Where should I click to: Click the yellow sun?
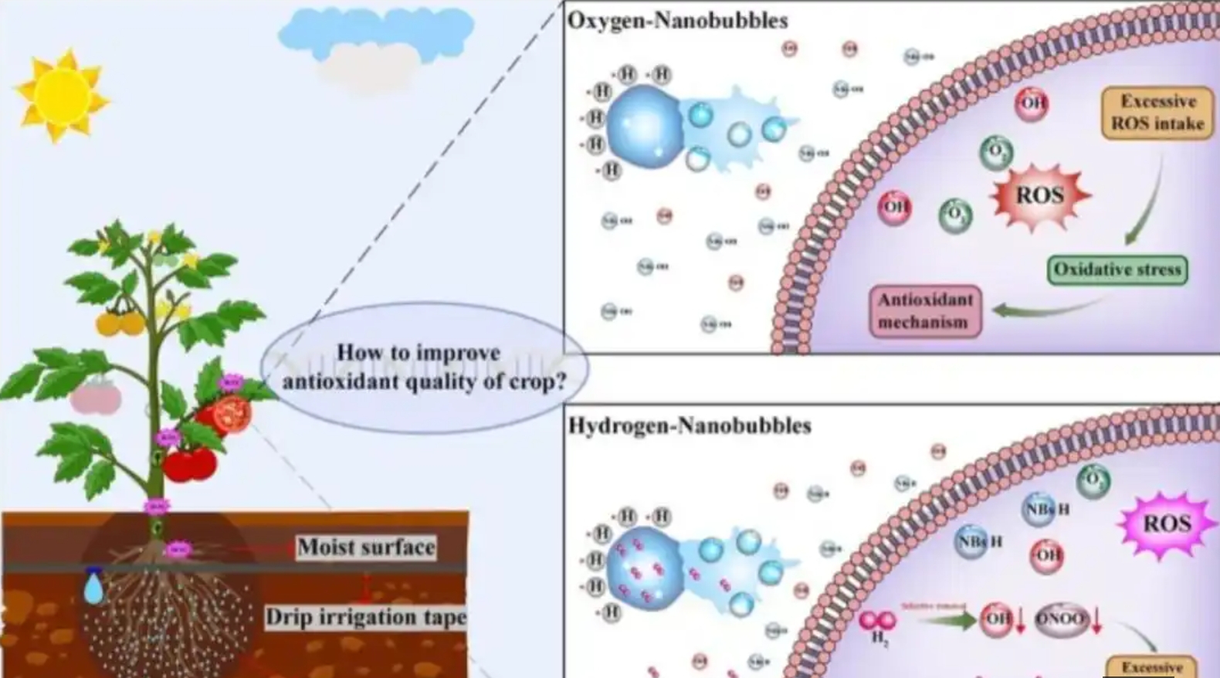point(61,96)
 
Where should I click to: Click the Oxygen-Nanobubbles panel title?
point(677,20)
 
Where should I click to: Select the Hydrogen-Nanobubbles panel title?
point(689,425)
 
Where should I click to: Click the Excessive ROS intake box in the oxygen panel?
point(1157,113)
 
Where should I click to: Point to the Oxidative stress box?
point(1117,270)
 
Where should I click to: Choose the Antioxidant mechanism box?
point(924,310)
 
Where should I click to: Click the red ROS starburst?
point(1039,195)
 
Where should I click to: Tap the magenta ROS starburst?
point(1165,524)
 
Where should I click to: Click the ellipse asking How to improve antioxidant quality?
point(423,367)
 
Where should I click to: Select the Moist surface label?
point(366,547)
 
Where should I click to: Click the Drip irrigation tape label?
point(365,617)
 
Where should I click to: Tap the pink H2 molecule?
point(878,621)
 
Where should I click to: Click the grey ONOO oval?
point(1060,619)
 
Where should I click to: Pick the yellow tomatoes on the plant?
point(120,322)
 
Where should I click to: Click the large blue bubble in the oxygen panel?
point(645,127)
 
